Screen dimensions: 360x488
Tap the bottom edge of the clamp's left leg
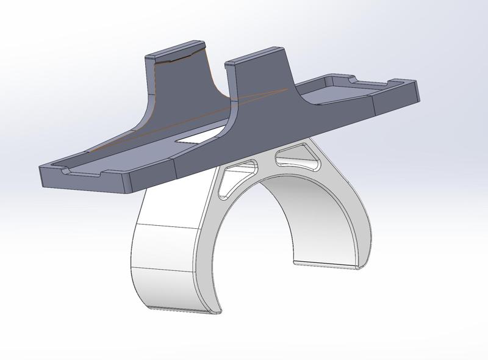coord(177,309)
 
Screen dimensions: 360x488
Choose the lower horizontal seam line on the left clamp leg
coord(165,268)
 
